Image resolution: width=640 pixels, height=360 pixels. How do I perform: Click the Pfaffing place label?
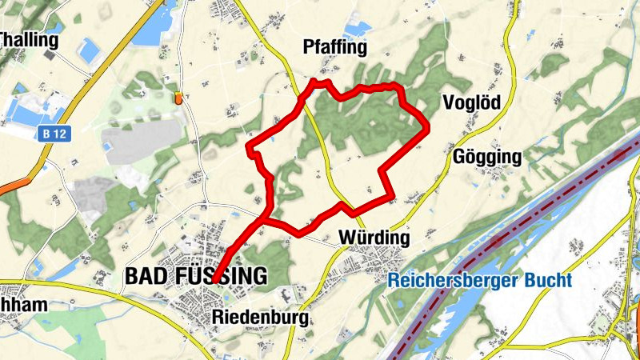coord(334,48)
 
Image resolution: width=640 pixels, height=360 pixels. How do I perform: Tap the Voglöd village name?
coord(470,102)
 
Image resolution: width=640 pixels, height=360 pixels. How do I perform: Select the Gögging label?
coord(486,157)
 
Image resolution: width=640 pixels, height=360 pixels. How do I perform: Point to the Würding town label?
coord(374,238)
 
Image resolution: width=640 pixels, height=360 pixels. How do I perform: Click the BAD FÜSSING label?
coord(196,277)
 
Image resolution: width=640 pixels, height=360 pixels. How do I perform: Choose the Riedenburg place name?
coord(260,318)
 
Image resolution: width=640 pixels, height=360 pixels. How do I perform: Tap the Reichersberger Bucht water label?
coord(480,281)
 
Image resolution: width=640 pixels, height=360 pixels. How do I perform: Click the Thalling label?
coord(30,40)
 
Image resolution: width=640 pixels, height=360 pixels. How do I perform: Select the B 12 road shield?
coord(54,135)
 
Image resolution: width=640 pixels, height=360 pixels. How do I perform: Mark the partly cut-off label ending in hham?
coord(24,305)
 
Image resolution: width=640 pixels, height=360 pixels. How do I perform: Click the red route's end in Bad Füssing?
coord(215,279)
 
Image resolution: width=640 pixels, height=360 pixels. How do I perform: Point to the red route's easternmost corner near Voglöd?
coord(427,126)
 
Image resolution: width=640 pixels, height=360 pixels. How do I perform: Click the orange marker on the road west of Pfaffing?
coord(178,98)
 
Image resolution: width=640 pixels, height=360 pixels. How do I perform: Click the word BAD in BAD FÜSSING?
coord(145,277)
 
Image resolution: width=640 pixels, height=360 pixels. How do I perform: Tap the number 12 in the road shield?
coord(59,135)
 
